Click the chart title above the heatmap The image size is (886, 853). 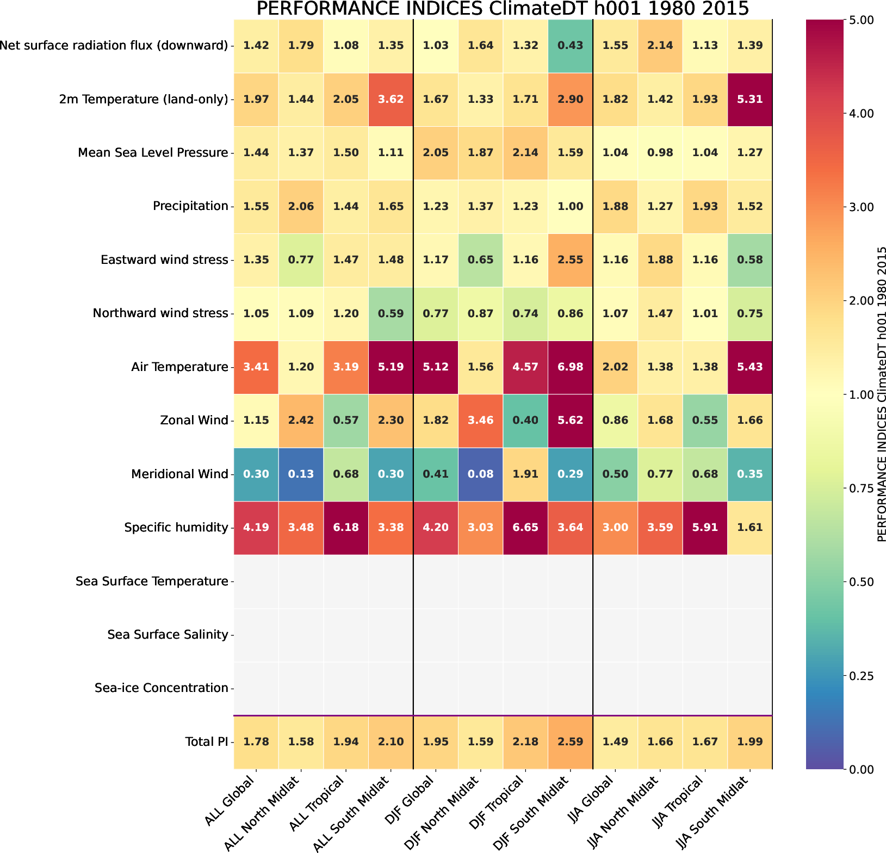click(503, 9)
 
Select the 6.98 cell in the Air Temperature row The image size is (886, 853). click(570, 367)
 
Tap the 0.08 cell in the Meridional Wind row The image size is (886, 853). click(480, 474)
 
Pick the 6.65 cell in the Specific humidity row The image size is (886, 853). click(525, 527)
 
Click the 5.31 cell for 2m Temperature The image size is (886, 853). click(749, 99)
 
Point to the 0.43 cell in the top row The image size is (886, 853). click(570, 45)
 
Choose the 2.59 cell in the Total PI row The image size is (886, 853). click(570, 741)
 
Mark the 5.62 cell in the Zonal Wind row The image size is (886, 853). click(570, 420)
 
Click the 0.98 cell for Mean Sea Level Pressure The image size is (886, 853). click(660, 152)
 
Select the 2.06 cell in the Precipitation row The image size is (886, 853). click(301, 206)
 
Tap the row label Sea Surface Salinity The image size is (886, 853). click(168, 634)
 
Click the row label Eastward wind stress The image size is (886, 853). click(164, 259)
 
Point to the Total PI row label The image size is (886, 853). click(206, 741)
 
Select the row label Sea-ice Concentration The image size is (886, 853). click(161, 688)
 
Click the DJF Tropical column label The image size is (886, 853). click(503, 802)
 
